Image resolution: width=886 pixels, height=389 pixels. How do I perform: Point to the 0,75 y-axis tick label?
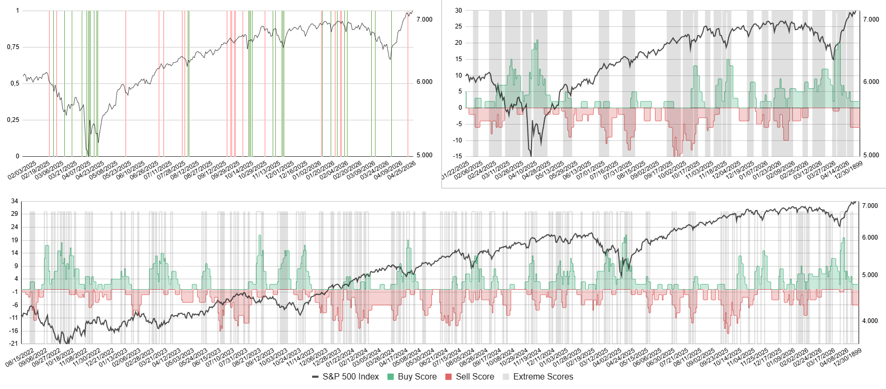click(13, 47)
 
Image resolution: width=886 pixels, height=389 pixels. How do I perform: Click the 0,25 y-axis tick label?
click(13, 120)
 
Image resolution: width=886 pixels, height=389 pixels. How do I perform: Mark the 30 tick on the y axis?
click(458, 11)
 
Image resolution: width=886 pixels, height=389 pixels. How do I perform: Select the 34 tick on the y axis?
click(14, 201)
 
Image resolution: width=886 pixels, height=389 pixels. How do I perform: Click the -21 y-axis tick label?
click(14, 344)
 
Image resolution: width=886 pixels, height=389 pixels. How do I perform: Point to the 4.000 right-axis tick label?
click(870, 321)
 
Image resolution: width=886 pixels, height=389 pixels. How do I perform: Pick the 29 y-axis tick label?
click(14, 214)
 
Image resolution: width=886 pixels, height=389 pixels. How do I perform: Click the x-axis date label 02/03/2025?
click(22, 170)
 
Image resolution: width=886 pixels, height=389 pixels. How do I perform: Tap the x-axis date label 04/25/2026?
click(402, 170)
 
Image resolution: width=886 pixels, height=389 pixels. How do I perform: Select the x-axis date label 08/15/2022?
click(20, 357)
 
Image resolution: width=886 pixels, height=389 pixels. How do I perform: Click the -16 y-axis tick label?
click(14, 331)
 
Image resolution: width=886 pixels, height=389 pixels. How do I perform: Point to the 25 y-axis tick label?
click(458, 26)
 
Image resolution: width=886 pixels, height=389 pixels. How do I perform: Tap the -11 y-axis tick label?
click(14, 318)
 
